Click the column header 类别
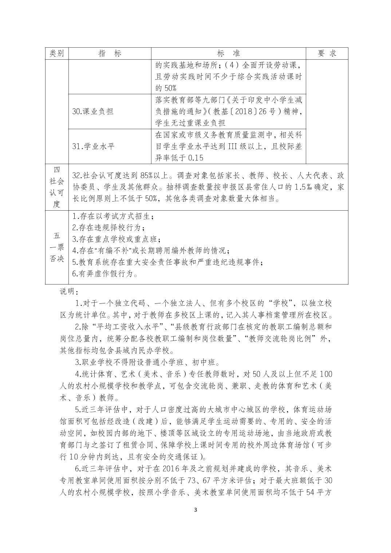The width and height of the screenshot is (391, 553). tap(57, 53)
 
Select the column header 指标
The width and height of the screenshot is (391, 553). tap(110, 53)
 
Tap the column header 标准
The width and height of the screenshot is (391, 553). tap(229, 53)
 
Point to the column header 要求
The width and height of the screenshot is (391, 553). tap(327, 53)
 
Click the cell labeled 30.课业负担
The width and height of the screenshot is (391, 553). tap(93, 111)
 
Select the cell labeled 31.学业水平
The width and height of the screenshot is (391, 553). tap(94, 146)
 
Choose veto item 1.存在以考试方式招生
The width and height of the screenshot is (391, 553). tap(112, 216)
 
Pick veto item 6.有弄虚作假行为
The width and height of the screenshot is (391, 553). tap(105, 274)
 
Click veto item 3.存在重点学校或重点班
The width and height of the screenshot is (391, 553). tap(115, 239)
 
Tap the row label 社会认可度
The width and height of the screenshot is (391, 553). tap(56, 187)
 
